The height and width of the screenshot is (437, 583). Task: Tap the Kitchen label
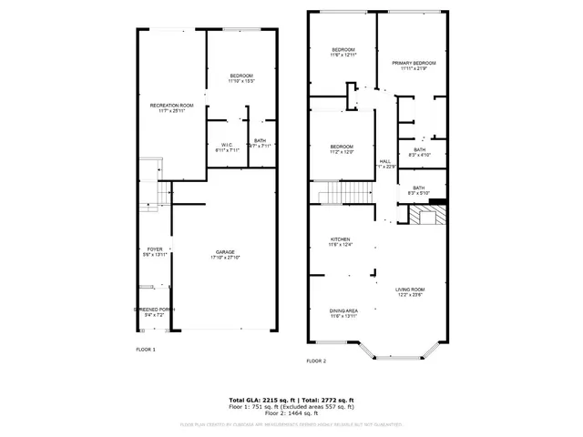click(x=340, y=240)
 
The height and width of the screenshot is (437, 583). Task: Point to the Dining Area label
click(x=343, y=312)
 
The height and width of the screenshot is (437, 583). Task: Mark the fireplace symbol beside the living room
click(x=426, y=215)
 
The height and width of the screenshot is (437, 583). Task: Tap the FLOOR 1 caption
click(x=146, y=350)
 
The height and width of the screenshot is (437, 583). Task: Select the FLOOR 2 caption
click(x=316, y=361)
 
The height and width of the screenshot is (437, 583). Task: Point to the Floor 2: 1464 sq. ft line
click(x=291, y=413)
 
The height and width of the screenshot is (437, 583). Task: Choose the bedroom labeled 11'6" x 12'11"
click(x=343, y=52)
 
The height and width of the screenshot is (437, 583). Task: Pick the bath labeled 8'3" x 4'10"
click(x=419, y=152)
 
